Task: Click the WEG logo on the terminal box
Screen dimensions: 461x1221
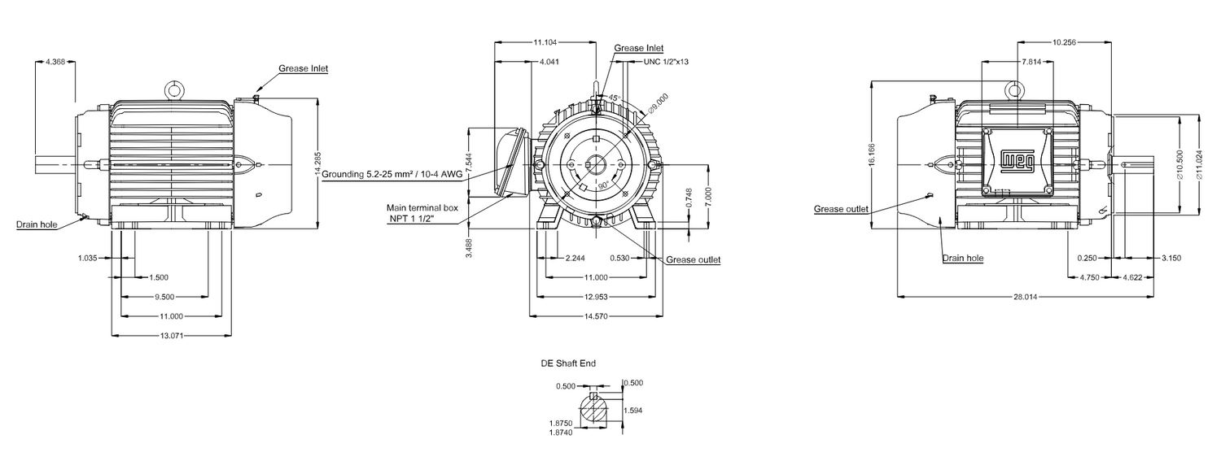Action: tap(1017, 161)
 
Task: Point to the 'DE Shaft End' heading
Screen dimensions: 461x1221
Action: tap(568, 363)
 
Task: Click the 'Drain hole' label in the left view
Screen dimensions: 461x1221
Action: tap(37, 224)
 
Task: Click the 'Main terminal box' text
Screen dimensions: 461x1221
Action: tap(422, 208)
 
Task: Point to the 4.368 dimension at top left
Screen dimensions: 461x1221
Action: tap(56, 61)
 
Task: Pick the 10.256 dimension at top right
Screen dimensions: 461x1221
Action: tap(1065, 41)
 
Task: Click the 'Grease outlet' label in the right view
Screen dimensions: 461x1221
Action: tap(841, 209)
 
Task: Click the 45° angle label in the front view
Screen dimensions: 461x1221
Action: tap(614, 98)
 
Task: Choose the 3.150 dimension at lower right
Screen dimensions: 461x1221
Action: tap(1170, 258)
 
